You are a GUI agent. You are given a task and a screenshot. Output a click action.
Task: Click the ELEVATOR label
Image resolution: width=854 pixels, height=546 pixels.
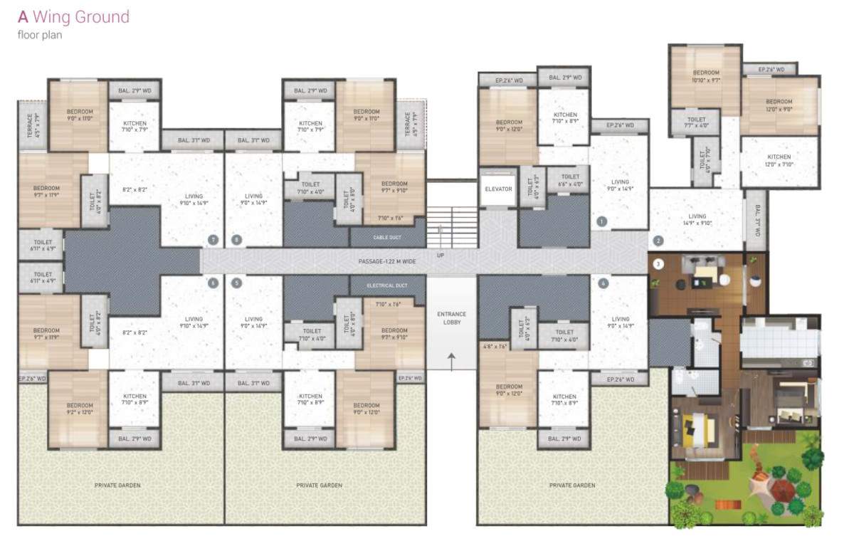pyautogui.click(x=498, y=189)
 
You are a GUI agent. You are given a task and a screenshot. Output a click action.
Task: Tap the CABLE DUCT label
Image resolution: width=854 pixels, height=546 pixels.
pyautogui.click(x=387, y=236)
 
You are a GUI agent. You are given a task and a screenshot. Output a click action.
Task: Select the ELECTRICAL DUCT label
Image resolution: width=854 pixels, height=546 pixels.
pyautogui.click(x=387, y=286)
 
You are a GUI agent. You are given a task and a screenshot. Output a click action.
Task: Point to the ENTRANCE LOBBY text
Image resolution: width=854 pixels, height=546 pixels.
pyautogui.click(x=450, y=317)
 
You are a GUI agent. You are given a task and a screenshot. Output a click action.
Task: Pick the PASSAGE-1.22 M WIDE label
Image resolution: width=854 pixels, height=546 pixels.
pyautogui.click(x=387, y=262)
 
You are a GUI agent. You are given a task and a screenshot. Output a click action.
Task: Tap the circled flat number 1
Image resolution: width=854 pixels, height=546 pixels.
pyautogui.click(x=602, y=221)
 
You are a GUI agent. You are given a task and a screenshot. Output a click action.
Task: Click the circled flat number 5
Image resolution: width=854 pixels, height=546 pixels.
pyautogui.click(x=236, y=283)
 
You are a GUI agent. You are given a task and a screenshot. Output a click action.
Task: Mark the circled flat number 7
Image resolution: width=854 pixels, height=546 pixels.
pyautogui.click(x=211, y=240)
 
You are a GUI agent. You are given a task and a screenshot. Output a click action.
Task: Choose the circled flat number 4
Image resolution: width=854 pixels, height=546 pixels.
pyautogui.click(x=603, y=283)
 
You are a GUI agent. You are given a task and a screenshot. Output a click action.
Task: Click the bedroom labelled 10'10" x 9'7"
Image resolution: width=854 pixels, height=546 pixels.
pyautogui.click(x=705, y=77)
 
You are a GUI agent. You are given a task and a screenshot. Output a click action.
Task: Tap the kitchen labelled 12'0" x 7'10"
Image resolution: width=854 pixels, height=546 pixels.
pyautogui.click(x=779, y=161)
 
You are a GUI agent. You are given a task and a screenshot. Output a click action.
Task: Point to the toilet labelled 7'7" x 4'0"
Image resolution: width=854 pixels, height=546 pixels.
pyautogui.click(x=697, y=123)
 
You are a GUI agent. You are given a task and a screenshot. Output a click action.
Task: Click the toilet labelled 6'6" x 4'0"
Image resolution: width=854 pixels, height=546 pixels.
pyautogui.click(x=570, y=180)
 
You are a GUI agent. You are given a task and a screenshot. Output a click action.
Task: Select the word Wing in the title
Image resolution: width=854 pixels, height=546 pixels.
pyautogui.click(x=53, y=16)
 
